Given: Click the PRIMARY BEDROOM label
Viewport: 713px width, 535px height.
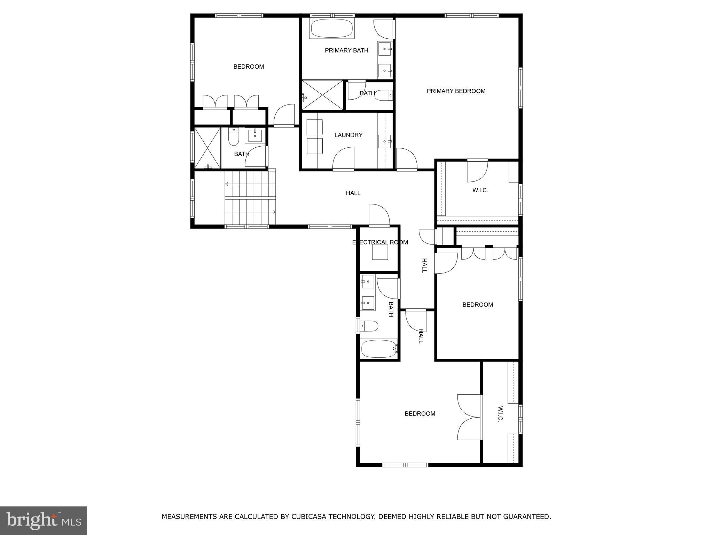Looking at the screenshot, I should coord(456,91).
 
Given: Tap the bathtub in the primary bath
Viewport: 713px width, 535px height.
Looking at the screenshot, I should coord(331,29).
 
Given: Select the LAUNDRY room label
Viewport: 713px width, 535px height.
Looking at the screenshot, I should coord(348,135).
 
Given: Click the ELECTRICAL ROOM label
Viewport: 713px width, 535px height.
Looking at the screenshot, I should coord(380,242).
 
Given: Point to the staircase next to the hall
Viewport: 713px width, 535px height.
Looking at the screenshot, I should coord(250,198).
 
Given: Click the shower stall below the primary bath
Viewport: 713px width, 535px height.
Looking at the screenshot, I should coord(322,95).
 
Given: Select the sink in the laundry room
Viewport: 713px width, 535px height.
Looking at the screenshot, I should coord(385,141).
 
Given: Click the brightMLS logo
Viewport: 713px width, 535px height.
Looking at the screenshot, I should coord(44,520).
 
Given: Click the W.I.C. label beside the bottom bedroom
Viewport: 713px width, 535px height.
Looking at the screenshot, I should coord(500,413).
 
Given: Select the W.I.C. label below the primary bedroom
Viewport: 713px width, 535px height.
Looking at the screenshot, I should coord(480,190).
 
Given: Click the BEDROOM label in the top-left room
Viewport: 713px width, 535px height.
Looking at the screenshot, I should coord(248,67).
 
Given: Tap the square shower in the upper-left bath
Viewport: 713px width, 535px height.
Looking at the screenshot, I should coord(207,148).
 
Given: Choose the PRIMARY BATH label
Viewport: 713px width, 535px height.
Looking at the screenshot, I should coord(346,51).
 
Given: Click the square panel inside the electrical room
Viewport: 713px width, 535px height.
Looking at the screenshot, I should coord(380,252).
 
